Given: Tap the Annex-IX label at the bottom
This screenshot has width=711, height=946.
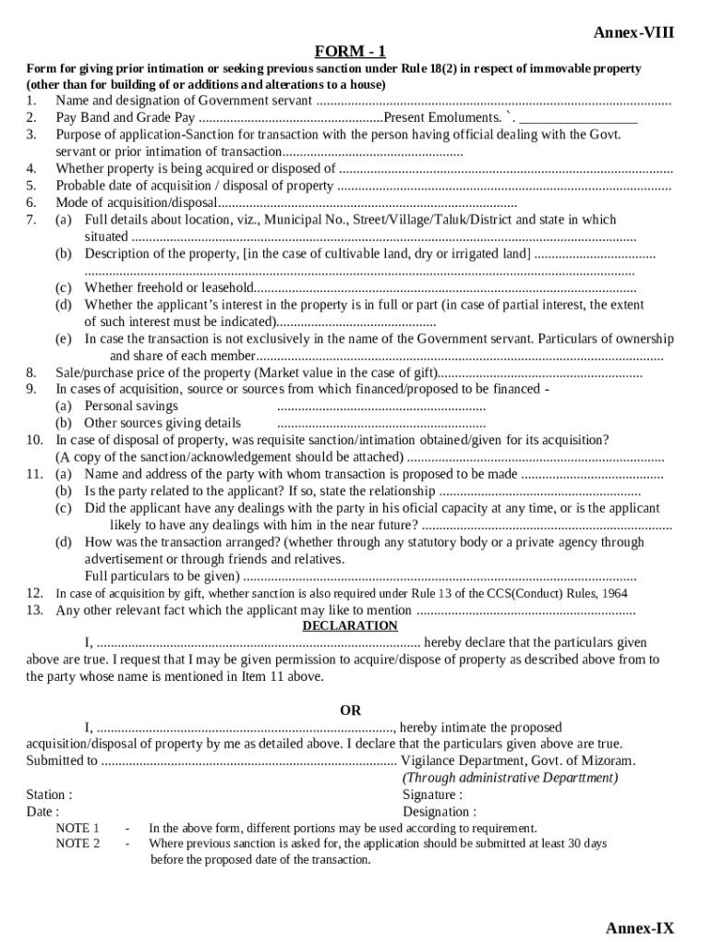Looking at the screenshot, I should click(640, 928).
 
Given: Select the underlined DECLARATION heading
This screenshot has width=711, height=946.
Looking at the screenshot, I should click(350, 625).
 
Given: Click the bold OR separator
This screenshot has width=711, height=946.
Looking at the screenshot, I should click(351, 710).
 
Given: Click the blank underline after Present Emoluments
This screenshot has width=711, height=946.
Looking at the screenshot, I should click(578, 118).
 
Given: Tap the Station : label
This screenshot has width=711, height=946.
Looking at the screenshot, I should click(49, 794).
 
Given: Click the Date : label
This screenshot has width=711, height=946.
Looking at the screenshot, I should click(42, 811).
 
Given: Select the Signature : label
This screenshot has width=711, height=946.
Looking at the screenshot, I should click(432, 794).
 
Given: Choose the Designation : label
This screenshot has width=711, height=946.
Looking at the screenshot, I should click(440, 811).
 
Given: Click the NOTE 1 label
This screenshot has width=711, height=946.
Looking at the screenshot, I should click(78, 828).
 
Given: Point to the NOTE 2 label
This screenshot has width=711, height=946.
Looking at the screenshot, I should click(78, 843).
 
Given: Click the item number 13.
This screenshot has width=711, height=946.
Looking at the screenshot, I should click(34, 610).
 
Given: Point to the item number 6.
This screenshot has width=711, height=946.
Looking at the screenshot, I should click(31, 202).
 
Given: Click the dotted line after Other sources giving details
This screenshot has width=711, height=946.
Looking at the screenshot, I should click(381, 423).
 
